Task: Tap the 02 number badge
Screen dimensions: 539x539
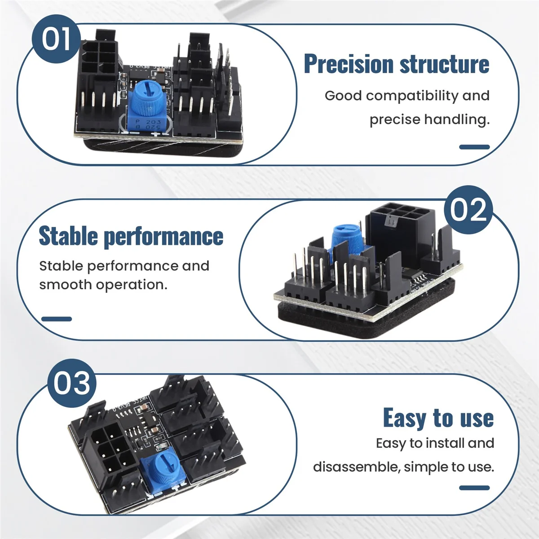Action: (468, 209)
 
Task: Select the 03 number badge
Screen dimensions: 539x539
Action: (72, 383)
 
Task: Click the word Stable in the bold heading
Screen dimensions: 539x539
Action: (68, 236)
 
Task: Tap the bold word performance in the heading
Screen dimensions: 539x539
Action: (163, 237)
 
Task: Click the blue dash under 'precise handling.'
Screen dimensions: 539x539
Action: (474, 147)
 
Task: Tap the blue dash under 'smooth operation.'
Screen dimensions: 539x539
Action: (57, 319)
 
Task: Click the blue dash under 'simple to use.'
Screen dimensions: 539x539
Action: (474, 488)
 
